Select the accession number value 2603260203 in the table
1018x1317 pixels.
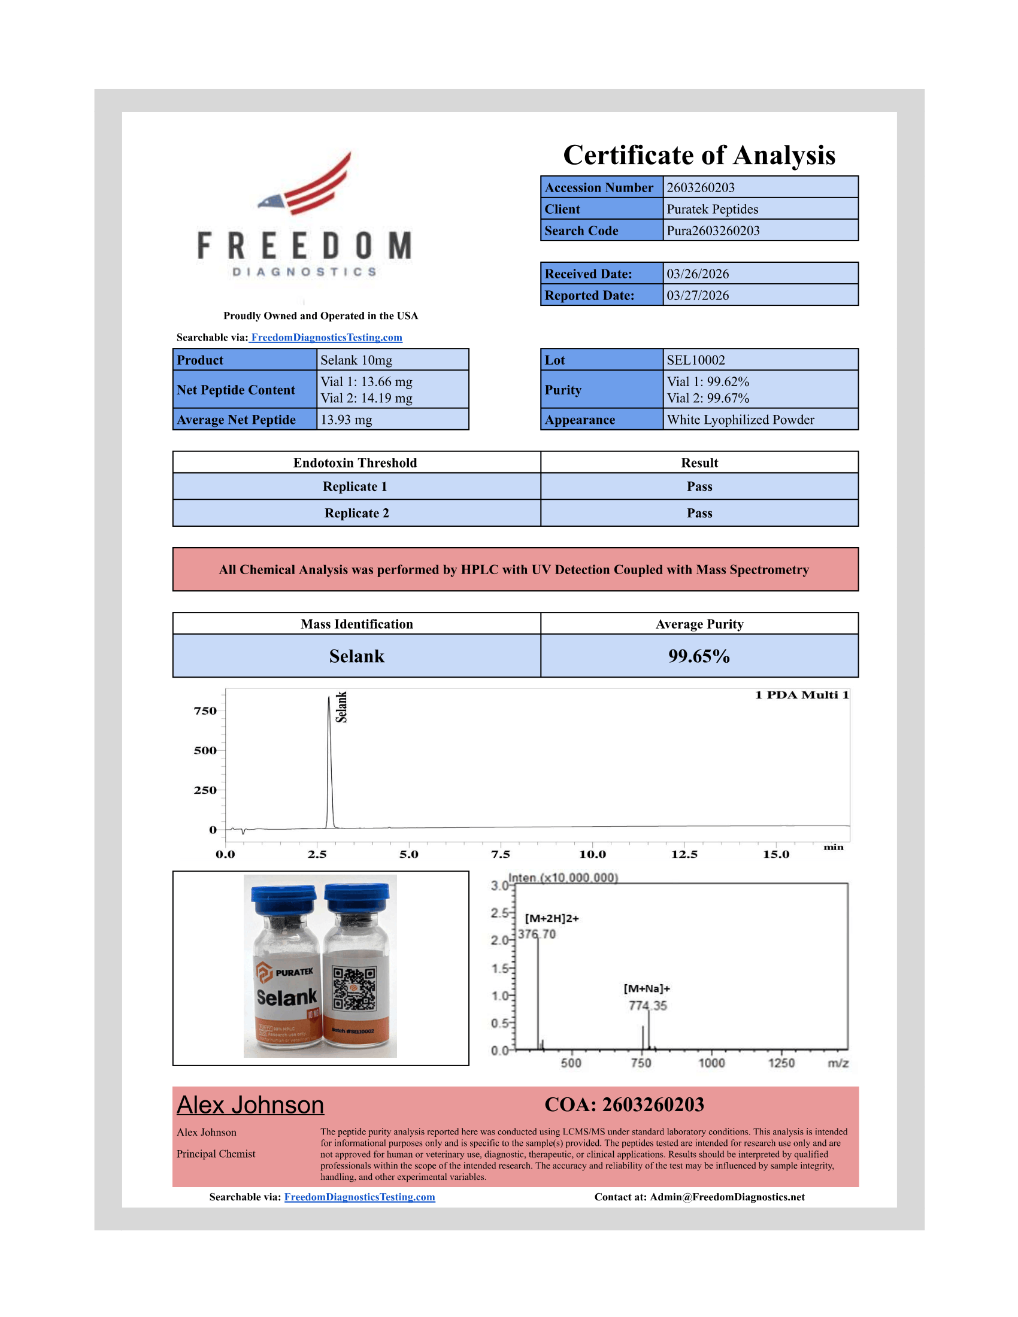pos(700,187)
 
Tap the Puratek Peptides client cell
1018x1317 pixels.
pos(712,210)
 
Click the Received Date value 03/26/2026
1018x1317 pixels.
pos(697,274)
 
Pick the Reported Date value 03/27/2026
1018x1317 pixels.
pos(697,296)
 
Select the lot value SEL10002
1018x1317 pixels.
pos(695,360)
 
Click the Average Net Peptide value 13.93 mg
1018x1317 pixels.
pos(346,420)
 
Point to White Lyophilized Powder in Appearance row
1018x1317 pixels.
pos(740,420)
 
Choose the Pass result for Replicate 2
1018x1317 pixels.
pos(699,513)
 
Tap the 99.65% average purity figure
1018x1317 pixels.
pos(699,656)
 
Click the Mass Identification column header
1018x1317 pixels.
pos(356,624)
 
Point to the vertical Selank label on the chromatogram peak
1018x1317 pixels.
pos(341,707)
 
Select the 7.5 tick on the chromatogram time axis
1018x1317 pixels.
pos(500,854)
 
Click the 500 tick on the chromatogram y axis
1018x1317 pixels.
pos(205,751)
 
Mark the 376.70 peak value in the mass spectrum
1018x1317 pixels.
pos(537,934)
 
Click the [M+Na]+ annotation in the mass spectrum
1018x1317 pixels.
pos(647,988)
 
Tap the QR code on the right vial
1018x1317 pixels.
pos(355,989)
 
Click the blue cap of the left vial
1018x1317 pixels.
pos(283,899)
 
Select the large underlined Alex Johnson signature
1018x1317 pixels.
pos(250,1104)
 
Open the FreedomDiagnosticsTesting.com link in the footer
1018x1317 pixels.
pos(359,1197)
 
